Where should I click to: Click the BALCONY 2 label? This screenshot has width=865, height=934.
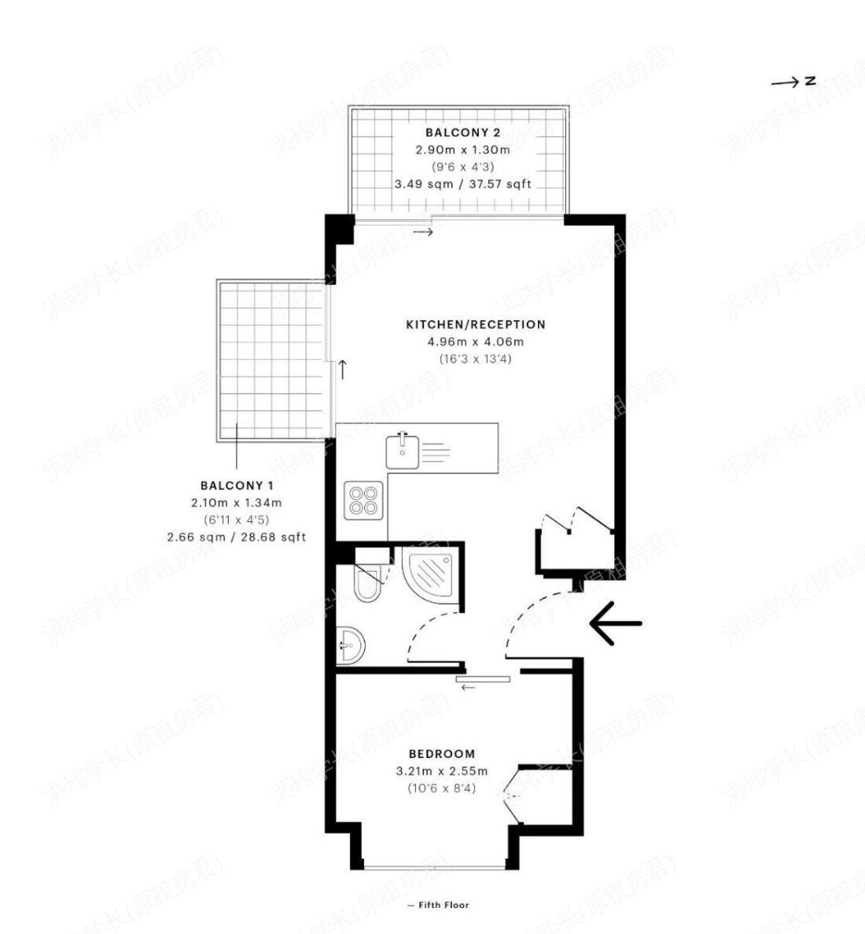[x=462, y=132]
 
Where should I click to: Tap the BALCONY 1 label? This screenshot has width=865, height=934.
[x=237, y=485]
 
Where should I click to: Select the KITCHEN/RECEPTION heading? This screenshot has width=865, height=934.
[x=476, y=325]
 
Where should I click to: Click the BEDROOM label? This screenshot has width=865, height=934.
[x=441, y=753]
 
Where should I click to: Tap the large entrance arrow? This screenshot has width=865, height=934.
[x=616, y=623]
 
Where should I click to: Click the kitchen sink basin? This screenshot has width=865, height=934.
[x=402, y=452]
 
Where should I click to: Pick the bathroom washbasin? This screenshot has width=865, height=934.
[x=351, y=645]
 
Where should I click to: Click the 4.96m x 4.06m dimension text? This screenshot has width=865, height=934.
[x=476, y=342]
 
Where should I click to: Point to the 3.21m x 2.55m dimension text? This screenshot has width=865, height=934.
[x=441, y=770]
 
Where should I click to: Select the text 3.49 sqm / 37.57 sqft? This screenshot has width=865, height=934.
[x=462, y=184]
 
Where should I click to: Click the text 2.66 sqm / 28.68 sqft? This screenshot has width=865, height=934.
[x=237, y=537]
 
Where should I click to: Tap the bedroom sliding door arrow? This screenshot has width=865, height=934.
[x=468, y=687]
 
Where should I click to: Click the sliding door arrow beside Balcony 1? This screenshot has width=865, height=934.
[x=343, y=370]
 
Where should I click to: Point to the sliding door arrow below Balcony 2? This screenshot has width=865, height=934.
[x=424, y=232]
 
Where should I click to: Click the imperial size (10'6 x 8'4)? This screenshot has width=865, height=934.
[x=441, y=788]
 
